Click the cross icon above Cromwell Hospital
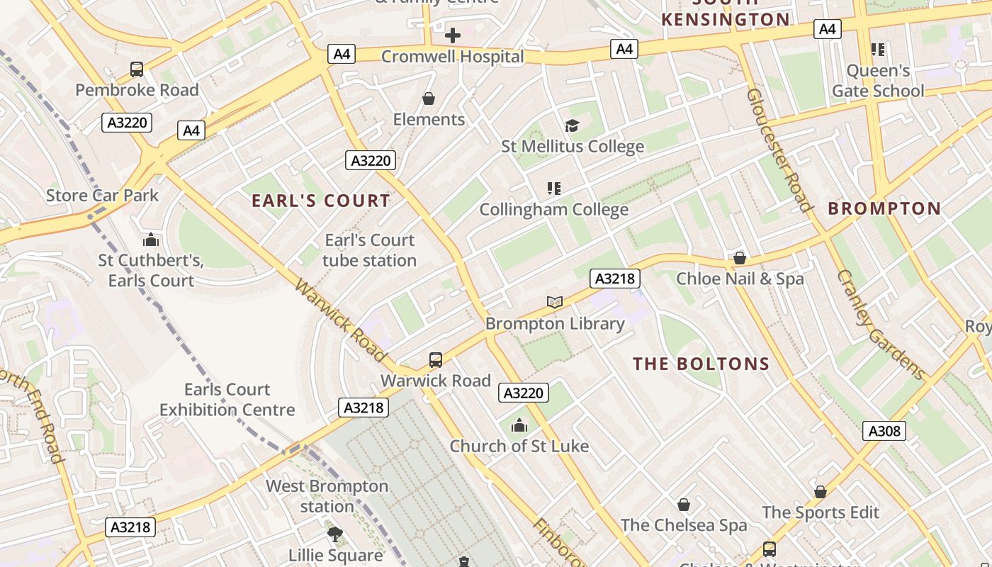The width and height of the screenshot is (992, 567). pos(452,35)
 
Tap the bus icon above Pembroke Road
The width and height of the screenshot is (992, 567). pos(137,69)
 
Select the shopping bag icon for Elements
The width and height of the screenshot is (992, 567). pos(429,98)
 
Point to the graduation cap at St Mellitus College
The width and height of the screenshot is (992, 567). pos(572,125)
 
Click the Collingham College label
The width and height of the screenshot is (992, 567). pos(553,210)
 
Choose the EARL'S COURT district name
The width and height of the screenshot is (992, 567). pos(321,201)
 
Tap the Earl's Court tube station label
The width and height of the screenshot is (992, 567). pos(369,250)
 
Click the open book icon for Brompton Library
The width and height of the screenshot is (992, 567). pos(555,303)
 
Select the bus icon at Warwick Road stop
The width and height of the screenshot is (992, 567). pos(436,360)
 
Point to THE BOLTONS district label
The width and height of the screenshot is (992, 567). pos(701,364)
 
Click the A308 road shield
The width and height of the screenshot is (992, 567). pos(884,430)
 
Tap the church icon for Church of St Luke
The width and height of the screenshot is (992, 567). pos(519,425)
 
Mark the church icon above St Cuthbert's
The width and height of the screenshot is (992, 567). pos(150,240)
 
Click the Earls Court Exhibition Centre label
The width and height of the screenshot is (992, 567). pos(227,400)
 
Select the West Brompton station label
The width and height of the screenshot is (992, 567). pos(327,496)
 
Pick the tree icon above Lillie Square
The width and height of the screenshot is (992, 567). pos(335,534)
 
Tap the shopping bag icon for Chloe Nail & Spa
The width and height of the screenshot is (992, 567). pos(740,258)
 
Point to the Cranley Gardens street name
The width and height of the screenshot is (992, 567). pos(881,325)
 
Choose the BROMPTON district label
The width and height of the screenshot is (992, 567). pos(884,208)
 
